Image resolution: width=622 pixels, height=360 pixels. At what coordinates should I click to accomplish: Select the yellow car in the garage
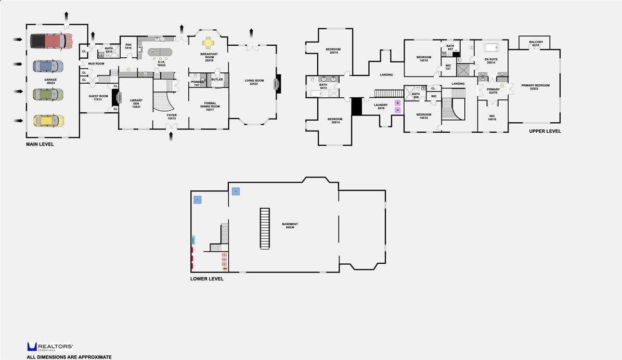[x=48, y=121]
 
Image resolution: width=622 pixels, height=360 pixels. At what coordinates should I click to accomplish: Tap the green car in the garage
[x=48, y=94]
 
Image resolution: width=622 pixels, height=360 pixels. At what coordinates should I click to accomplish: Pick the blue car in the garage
[x=48, y=66]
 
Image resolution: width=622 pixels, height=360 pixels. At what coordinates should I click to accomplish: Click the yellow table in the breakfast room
[x=208, y=42]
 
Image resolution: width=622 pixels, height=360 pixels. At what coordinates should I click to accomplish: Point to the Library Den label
[x=136, y=102]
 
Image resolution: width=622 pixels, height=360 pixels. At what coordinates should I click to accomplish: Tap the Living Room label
[x=255, y=82]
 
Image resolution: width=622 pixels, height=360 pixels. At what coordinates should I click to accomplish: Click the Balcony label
[x=536, y=44]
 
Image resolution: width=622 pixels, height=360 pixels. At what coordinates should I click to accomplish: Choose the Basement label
[x=290, y=226]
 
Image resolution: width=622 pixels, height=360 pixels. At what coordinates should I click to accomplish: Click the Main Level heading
[x=40, y=144]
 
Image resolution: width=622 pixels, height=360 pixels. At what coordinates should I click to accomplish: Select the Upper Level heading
[x=545, y=131]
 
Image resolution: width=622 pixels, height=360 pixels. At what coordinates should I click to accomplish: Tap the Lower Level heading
[x=206, y=279]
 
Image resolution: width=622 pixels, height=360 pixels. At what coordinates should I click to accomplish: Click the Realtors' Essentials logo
[x=50, y=347]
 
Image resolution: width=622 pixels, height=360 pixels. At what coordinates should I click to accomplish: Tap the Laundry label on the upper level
[x=381, y=106]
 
